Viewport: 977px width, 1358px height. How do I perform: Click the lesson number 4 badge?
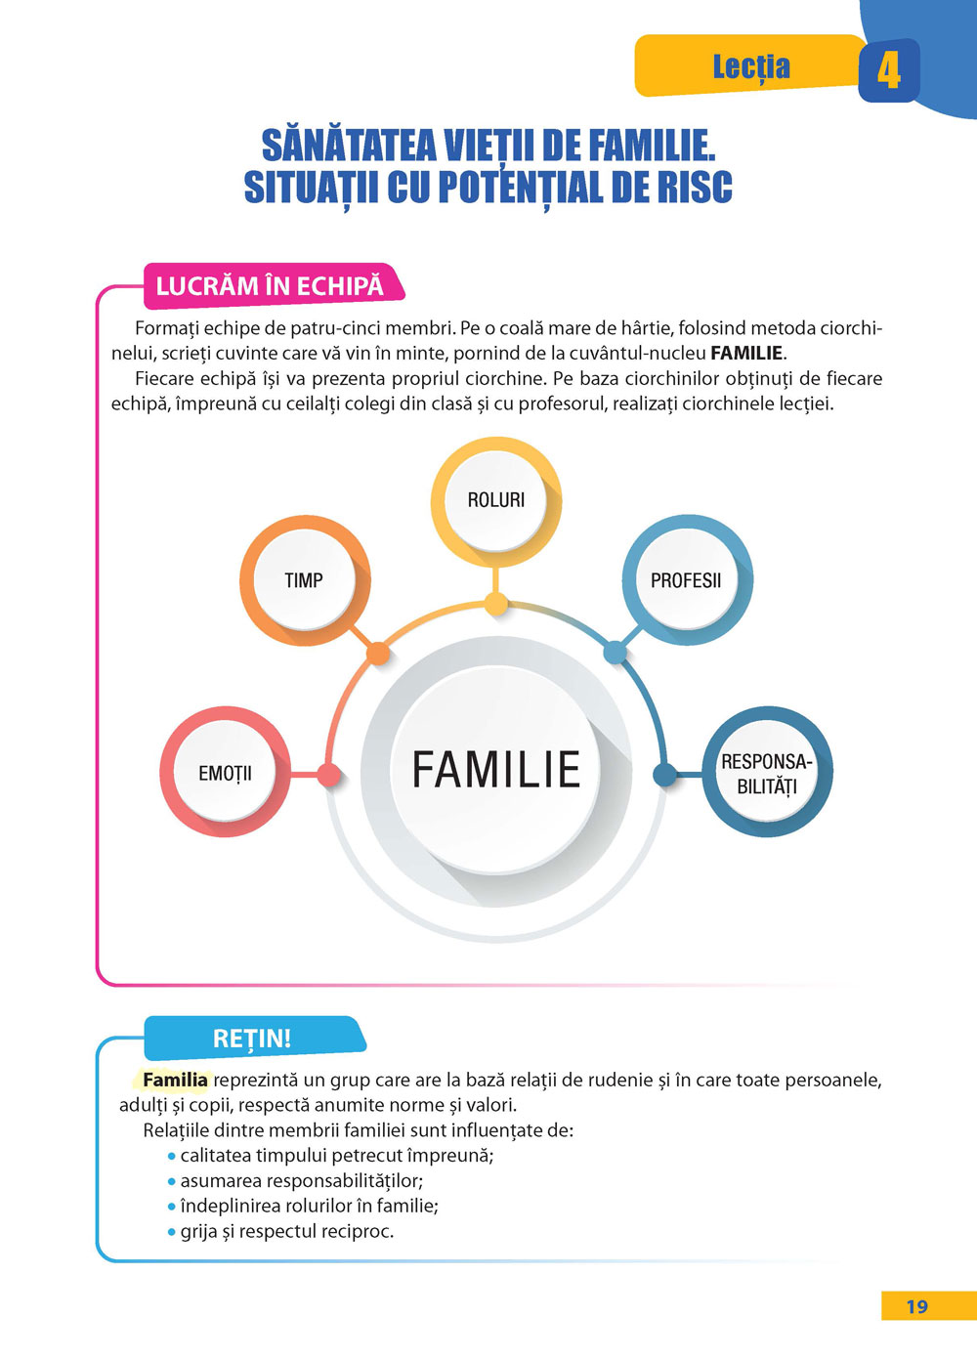[x=888, y=70]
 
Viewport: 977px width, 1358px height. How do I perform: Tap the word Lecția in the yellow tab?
[x=750, y=66]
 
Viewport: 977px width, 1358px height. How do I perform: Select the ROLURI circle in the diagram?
[x=496, y=500]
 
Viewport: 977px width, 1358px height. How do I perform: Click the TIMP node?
[x=304, y=580]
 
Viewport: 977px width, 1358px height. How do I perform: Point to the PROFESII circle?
[x=686, y=580]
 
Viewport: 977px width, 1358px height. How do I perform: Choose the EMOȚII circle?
[x=225, y=773]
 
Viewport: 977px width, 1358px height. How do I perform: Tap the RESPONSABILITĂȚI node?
[x=767, y=773]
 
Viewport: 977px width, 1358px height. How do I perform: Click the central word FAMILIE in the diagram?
[x=496, y=769]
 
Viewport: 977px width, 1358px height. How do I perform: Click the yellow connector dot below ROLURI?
[x=496, y=606]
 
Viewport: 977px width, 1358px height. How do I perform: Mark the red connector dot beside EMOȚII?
[x=329, y=776]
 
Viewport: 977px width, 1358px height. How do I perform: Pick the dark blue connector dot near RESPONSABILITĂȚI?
[x=664, y=776]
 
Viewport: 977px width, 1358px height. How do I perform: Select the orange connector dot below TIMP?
[x=378, y=654]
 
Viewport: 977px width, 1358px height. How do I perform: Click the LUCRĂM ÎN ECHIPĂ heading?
[x=270, y=286]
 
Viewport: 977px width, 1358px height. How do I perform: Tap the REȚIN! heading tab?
[x=252, y=1039]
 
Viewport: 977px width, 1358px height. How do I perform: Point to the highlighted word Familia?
[x=175, y=1080]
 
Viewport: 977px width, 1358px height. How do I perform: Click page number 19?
[x=916, y=1307]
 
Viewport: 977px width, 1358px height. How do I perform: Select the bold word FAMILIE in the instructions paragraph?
[x=746, y=354]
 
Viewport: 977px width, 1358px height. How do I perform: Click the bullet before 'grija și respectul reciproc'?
[x=172, y=1232]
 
